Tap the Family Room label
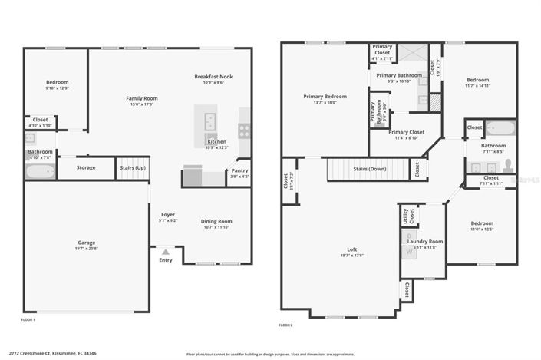pos(142,98)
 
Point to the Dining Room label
pos(216,221)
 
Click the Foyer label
pos(168,214)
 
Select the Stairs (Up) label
pos(132,167)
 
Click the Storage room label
pos(86,167)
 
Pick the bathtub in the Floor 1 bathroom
pos(40,172)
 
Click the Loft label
pos(352,250)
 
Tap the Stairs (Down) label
pos(369,168)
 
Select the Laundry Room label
pos(425,241)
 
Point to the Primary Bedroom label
pos(325,96)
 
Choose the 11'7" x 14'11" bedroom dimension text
pos(477,86)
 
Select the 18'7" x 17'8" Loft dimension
pos(352,256)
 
